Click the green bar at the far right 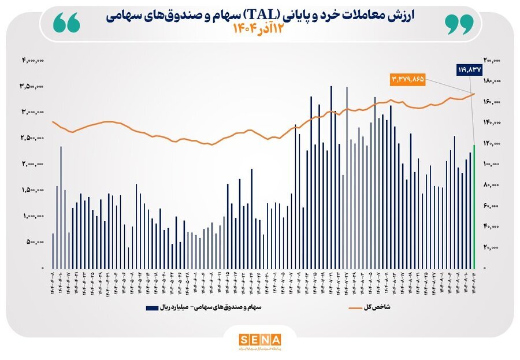(x=474, y=206)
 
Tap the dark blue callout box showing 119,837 (x=469, y=70)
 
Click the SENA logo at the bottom (x=259, y=339)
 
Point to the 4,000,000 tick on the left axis (x=33, y=60)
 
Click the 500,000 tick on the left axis (x=35, y=243)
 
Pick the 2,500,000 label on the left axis (x=33, y=138)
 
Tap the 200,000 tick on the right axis (x=492, y=60)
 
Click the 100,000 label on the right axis (x=492, y=164)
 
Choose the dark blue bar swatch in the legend (x=153, y=308)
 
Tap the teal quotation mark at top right (x=459, y=23)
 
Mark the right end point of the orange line (x=474, y=93)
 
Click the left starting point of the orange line (x=53, y=121)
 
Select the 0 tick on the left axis (x=42, y=269)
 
